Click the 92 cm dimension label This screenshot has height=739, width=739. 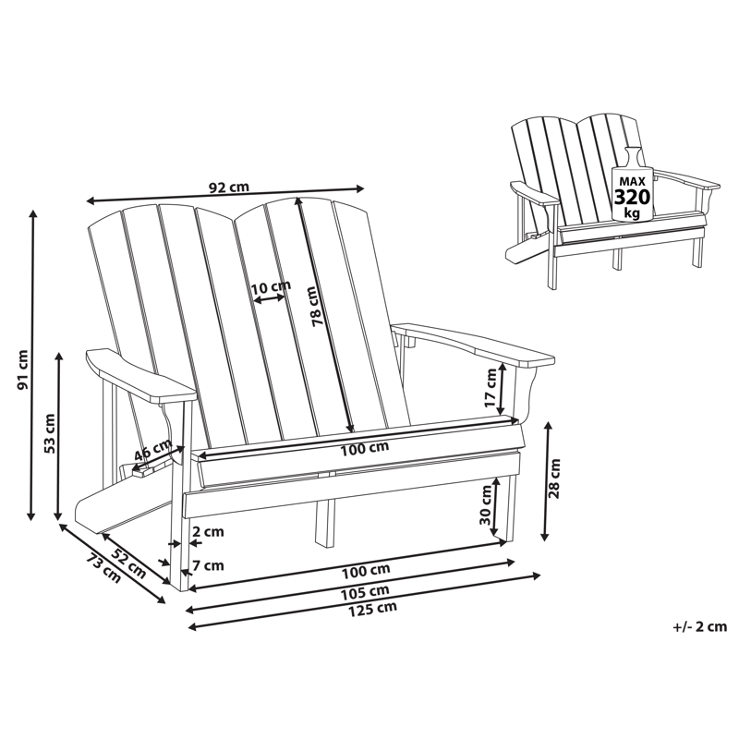[x=228, y=188]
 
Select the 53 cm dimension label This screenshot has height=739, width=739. [x=52, y=431]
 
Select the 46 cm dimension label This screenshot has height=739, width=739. [x=153, y=453]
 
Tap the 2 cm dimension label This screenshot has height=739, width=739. [x=208, y=532]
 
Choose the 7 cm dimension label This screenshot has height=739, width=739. [x=208, y=565]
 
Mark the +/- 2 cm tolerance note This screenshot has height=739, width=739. [x=699, y=627]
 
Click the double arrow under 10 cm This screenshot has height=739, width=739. [x=270, y=300]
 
